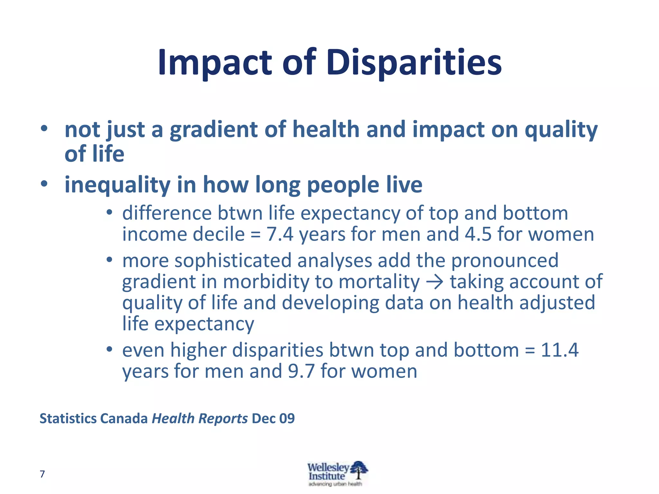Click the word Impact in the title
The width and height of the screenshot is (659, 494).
point(215,63)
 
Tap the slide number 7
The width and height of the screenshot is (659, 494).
point(42,474)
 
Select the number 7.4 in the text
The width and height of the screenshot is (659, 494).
point(280,234)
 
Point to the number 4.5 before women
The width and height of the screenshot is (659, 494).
point(478,234)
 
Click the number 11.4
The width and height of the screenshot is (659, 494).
point(560,350)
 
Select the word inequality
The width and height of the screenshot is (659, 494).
point(117,185)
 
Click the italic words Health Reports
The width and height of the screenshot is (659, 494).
point(200,418)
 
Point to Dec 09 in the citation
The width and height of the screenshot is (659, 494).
point(273,418)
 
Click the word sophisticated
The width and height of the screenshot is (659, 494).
point(233,261)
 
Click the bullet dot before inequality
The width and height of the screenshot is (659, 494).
point(44,184)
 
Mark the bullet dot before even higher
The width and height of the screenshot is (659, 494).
point(109,349)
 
